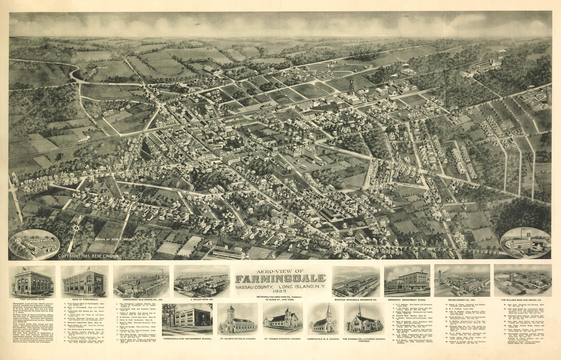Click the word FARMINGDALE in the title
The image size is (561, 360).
280,278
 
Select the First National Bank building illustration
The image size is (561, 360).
32,282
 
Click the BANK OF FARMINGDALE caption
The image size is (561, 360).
85,299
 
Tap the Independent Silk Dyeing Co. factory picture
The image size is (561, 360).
141,282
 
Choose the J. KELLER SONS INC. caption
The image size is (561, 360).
202,299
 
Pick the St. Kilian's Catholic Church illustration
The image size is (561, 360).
237,319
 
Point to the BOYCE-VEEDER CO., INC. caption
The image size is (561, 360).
462,299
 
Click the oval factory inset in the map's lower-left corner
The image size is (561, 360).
34,244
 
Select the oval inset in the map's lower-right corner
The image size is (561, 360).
525,242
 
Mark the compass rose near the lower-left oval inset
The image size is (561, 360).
76,228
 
